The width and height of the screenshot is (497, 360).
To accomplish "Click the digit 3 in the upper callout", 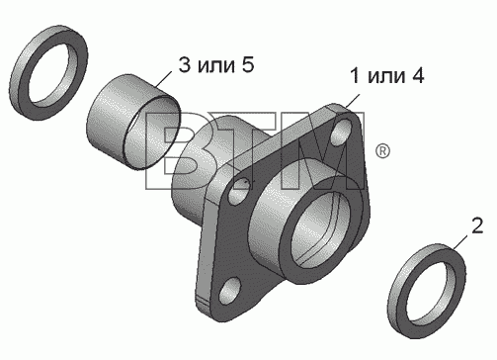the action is coord(185,64).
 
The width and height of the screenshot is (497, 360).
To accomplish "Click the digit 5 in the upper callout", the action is coord(248,64).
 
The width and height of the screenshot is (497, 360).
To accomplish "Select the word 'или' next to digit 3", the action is coord(216,66).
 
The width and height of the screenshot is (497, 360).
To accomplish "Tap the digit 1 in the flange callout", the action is coord(355,75).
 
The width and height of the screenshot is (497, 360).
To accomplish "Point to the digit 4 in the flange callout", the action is coord(417,75).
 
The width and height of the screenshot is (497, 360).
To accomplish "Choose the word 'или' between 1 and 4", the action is coord(386,77).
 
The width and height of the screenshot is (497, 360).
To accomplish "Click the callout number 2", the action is coord(477,226).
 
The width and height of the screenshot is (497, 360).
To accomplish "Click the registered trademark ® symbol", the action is coord(382,151).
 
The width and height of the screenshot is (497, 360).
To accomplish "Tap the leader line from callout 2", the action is coord(459,242).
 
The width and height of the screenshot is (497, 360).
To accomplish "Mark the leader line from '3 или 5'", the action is coord(163,80).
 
